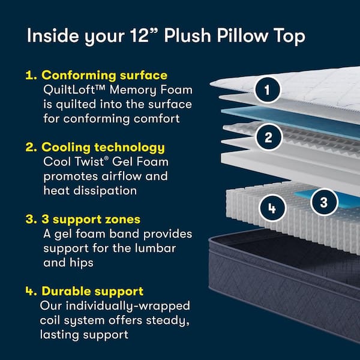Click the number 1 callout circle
(268, 91)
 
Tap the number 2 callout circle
(268, 137)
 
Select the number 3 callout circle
(324, 202)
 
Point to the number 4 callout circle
(272, 208)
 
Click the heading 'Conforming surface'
(104, 76)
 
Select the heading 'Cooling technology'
(103, 147)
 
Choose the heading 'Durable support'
(92, 291)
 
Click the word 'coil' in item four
(53, 320)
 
